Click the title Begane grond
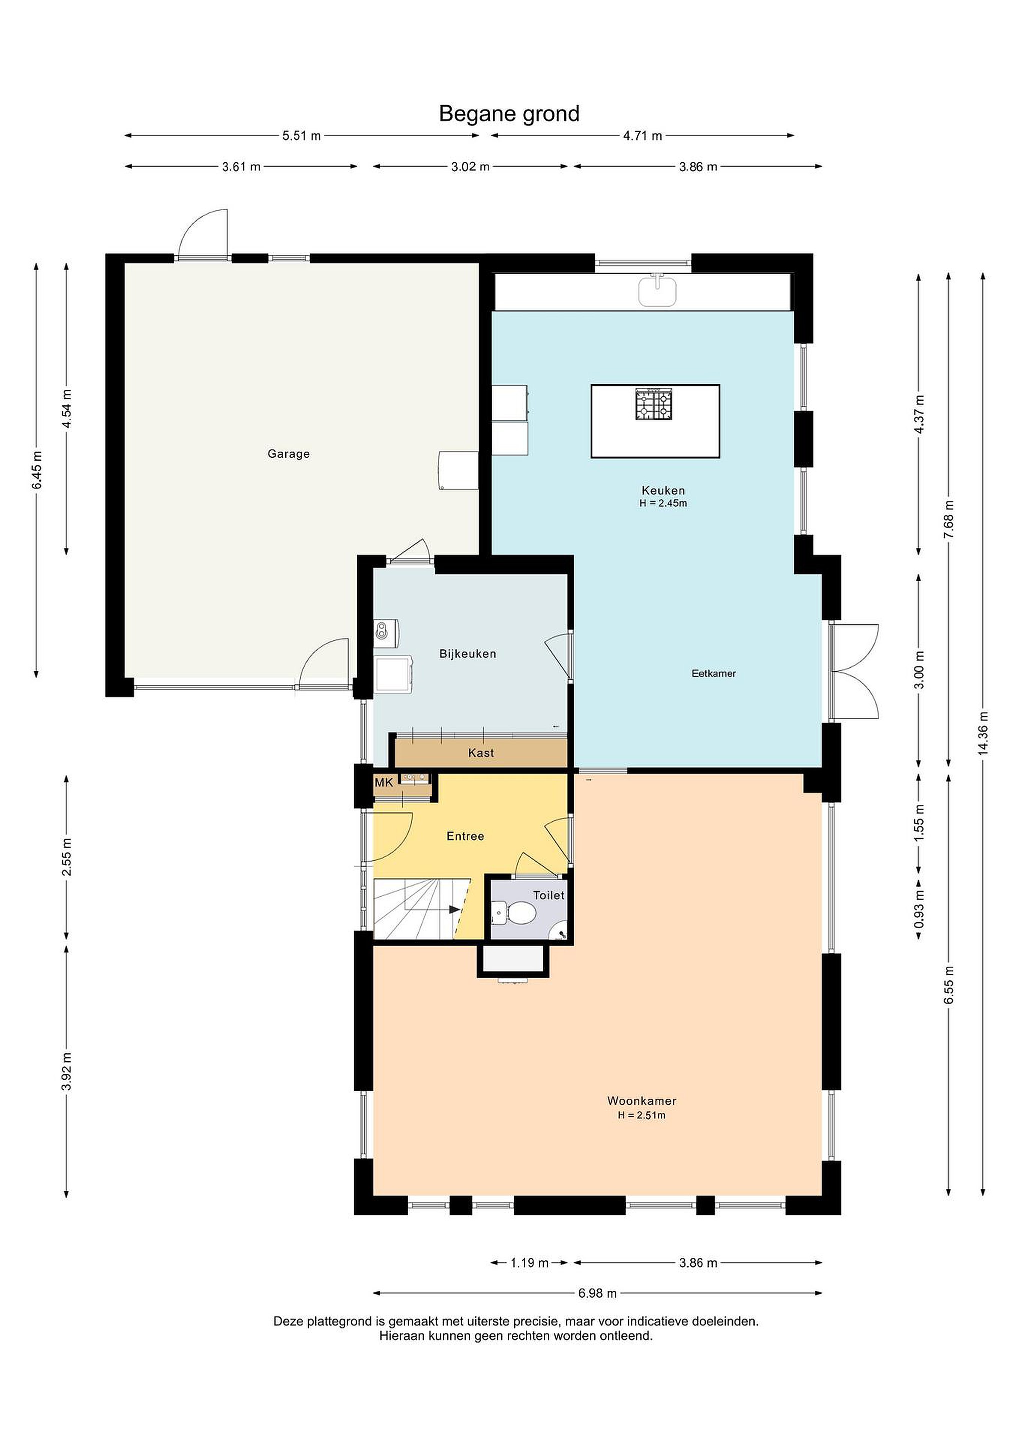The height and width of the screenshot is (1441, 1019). click(x=509, y=114)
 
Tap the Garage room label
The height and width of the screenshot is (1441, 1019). click(x=289, y=454)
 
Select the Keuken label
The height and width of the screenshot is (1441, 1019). click(x=663, y=490)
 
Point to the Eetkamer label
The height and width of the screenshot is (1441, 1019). click(x=713, y=673)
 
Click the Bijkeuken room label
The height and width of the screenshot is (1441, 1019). click(x=467, y=653)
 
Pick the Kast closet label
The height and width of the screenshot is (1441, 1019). click(x=481, y=753)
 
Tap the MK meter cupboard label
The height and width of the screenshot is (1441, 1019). click(x=383, y=783)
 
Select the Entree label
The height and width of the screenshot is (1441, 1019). click(x=465, y=836)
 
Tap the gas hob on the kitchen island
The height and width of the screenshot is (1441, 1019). click(x=654, y=404)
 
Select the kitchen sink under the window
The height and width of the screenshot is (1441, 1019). click(x=658, y=291)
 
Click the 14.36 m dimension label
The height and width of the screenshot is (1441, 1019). click(x=983, y=733)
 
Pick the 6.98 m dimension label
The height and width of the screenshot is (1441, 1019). click(x=597, y=1293)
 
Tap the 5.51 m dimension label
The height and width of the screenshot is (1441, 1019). click(x=301, y=136)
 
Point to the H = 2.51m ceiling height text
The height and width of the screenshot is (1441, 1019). click(x=641, y=1115)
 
